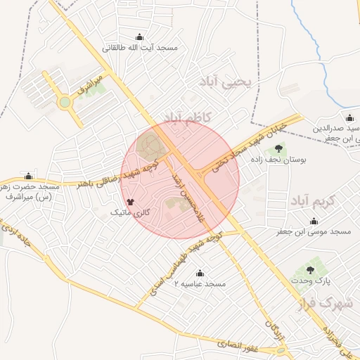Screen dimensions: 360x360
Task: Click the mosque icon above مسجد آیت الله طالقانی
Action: coord(139,37)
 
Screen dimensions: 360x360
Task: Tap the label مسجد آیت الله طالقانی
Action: coord(141,49)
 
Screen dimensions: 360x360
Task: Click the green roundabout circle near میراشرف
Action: coord(65,103)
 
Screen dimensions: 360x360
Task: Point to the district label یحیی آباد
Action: coord(231,82)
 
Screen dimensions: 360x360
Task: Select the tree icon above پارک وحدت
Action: coord(309,270)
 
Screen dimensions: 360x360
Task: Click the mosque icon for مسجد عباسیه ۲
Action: coord(200,273)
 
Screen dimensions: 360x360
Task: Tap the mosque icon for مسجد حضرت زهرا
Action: coord(29,176)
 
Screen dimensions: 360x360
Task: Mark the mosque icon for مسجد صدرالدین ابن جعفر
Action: coord(349,117)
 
